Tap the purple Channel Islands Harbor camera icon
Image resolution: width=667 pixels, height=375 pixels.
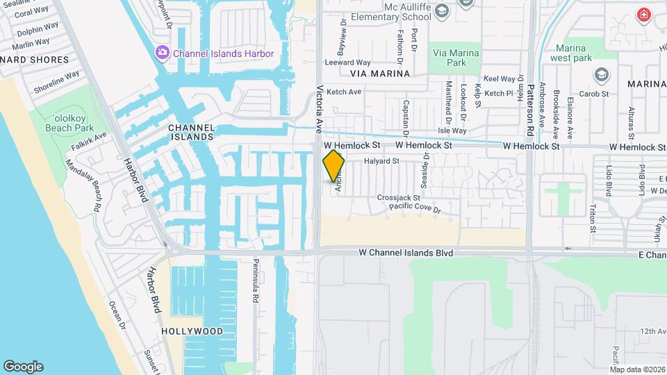point(163,53)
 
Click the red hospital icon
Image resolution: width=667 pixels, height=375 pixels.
point(644,14)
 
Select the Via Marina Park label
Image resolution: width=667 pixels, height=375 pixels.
point(456,58)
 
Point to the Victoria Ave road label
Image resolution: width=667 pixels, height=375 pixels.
point(320,110)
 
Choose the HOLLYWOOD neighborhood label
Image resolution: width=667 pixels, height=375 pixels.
point(192,331)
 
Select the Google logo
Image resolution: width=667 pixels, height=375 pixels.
point(23,367)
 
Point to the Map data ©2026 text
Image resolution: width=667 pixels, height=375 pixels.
point(637,369)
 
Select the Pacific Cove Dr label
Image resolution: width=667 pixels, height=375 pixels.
point(415,208)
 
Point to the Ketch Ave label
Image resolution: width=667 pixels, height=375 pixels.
point(344,92)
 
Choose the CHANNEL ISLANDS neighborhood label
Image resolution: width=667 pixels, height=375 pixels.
point(190,133)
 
